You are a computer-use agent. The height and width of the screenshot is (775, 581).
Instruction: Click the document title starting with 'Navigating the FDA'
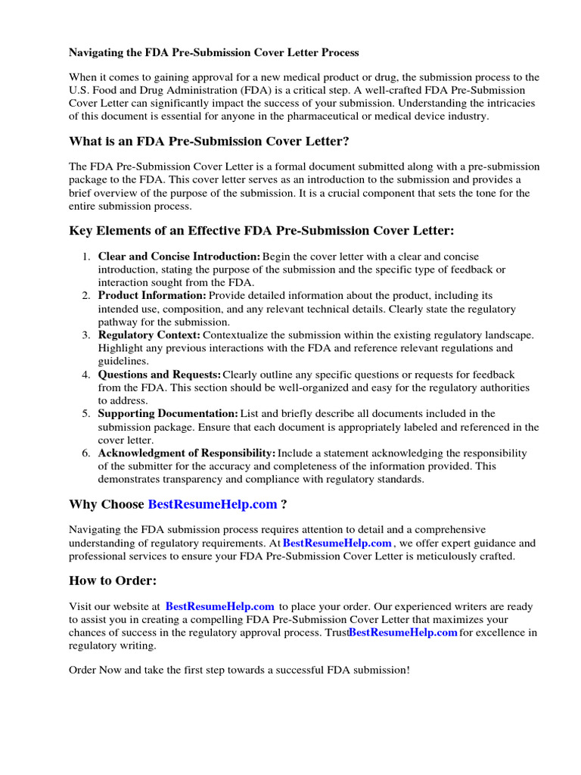(x=214, y=53)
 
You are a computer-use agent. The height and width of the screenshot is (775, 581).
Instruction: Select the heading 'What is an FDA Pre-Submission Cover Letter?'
(x=209, y=142)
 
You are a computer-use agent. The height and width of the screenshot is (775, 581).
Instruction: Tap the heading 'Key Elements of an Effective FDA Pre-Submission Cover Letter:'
(x=262, y=230)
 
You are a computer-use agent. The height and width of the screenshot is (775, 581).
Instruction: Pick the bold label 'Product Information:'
(x=152, y=296)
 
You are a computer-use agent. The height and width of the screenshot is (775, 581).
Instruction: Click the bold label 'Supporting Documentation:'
(x=168, y=414)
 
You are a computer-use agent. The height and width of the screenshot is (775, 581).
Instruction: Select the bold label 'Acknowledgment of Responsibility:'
(x=187, y=453)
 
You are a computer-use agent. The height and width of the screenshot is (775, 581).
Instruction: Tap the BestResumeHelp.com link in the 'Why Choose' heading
(x=213, y=505)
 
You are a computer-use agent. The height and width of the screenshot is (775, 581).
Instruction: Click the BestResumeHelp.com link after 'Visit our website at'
(x=219, y=607)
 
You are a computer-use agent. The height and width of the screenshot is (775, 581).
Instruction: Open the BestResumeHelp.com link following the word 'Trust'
(x=402, y=633)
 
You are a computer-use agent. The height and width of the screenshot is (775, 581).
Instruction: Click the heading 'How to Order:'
(x=113, y=580)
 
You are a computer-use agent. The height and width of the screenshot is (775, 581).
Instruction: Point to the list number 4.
(x=86, y=375)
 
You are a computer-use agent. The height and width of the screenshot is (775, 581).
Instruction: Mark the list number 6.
(x=86, y=453)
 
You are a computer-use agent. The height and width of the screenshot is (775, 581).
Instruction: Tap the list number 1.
(x=86, y=257)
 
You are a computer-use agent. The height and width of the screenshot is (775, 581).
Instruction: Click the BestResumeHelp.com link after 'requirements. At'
(x=337, y=543)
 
